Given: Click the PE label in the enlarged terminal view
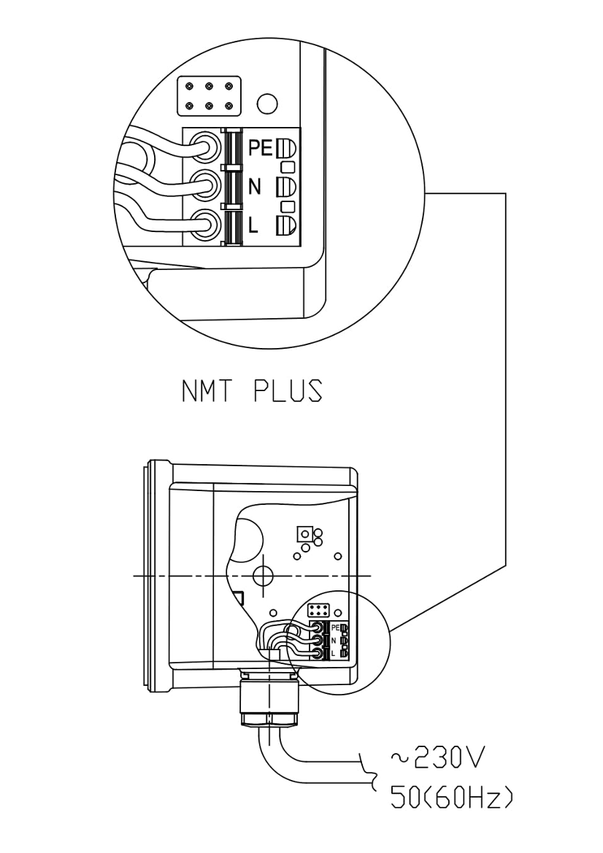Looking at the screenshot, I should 261,148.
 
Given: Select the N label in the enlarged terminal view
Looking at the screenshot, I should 255,187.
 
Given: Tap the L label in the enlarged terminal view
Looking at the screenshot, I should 253,225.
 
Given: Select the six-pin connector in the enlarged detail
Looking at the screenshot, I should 210,96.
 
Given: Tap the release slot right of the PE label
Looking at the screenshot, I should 286,147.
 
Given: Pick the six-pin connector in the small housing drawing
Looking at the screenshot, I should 318,610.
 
